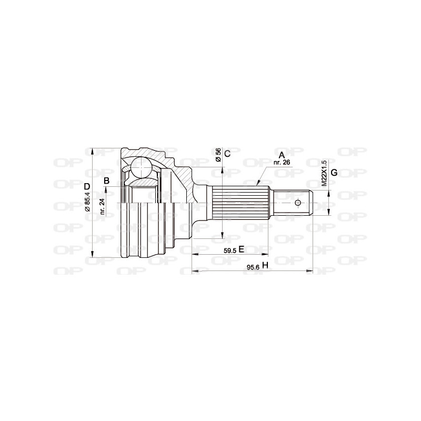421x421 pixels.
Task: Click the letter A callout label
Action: [x=282, y=155]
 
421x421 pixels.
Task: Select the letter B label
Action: [x=106, y=181]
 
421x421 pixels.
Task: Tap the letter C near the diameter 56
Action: [x=227, y=154]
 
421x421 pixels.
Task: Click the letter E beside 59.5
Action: [x=242, y=249]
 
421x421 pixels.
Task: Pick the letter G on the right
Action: [x=334, y=173]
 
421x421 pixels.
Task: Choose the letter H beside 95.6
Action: [x=265, y=266]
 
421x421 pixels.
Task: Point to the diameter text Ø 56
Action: [x=218, y=154]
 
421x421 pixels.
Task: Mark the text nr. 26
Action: [x=282, y=162]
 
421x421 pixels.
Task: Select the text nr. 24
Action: [x=103, y=206]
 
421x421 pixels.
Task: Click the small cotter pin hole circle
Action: [x=298, y=203]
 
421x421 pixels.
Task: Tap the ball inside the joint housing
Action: [x=141, y=167]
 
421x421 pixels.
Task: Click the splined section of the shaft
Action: [x=240, y=203]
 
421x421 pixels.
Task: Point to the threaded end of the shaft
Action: [x=293, y=203]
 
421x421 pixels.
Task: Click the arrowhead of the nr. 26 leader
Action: [x=257, y=185]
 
